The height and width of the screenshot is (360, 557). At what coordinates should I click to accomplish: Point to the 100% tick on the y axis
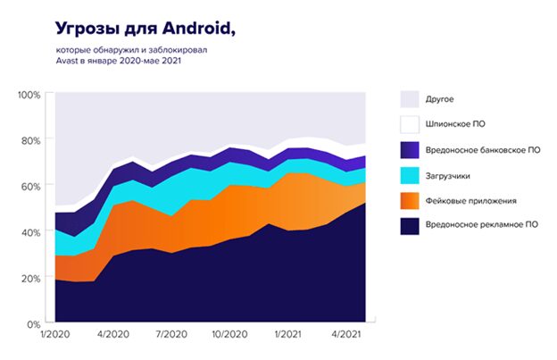tap(29, 95)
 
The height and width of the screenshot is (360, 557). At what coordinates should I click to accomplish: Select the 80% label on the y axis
tap(31, 140)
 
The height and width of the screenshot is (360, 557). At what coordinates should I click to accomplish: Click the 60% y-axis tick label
tap(31, 186)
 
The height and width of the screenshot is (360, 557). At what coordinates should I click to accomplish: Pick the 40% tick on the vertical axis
tap(31, 232)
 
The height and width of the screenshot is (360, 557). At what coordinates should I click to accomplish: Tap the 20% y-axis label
tap(31, 278)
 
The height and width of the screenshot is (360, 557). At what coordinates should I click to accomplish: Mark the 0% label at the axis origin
tap(34, 323)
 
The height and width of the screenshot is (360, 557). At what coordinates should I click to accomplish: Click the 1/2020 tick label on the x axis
tap(54, 338)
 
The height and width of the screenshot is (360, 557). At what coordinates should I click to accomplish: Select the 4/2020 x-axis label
tap(112, 338)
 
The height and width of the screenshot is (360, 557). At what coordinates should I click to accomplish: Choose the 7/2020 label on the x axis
tap(170, 338)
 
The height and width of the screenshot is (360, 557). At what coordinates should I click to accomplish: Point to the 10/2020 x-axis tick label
tap(229, 338)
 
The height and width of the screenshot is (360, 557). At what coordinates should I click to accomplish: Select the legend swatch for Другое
tap(410, 99)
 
